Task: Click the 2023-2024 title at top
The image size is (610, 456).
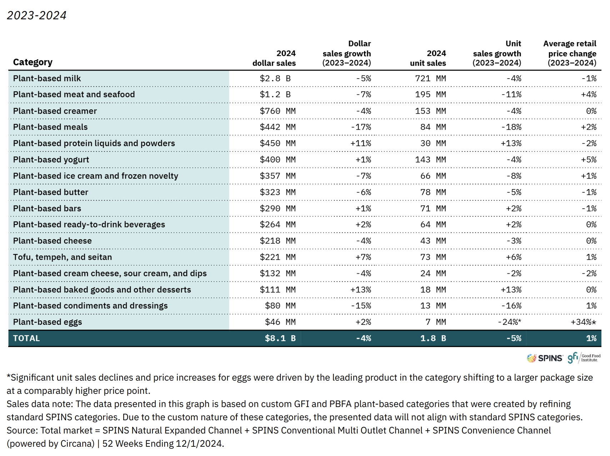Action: [37, 15]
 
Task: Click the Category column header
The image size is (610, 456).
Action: [33, 62]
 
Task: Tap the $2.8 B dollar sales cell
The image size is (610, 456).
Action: [275, 78]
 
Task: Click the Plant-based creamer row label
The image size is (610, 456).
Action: [55, 111]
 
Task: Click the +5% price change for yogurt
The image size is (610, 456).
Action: [589, 160]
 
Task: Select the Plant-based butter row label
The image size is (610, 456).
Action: [51, 192]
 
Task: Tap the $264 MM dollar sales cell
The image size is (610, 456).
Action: [277, 224]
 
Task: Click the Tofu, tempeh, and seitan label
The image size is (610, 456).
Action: [62, 257]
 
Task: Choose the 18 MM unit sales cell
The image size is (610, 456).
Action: [433, 289]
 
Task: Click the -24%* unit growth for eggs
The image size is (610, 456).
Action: [510, 322]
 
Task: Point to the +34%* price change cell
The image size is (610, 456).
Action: [584, 322]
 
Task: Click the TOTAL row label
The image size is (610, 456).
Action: [26, 338]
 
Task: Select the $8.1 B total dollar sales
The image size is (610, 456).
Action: [280, 338]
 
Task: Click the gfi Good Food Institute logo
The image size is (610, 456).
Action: [584, 358]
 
